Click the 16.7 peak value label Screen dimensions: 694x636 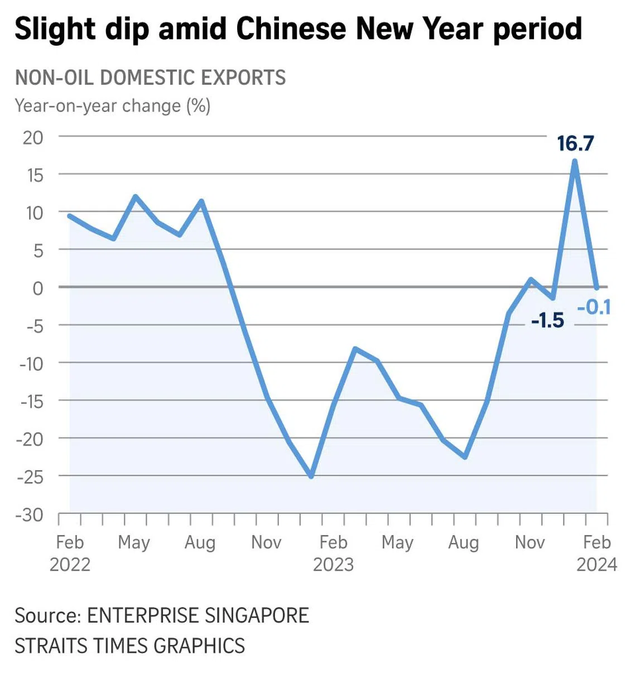pos(575,143)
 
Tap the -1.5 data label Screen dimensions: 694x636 pos(547,320)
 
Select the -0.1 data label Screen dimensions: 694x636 pos(594,307)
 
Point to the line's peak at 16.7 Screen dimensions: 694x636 pos(575,161)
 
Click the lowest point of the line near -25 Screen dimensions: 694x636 pos(311,476)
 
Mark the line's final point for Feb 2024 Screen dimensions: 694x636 pos(597,287)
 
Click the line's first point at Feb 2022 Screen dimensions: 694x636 pos(70,215)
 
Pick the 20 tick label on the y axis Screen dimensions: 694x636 pos(33,137)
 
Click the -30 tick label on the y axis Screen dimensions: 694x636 pos(30,514)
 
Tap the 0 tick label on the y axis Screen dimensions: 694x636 pos(38,288)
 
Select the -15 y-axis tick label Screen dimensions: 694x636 pos(31,401)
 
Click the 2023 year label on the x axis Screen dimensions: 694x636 pos(333,565)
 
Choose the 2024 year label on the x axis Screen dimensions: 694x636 pos(596,565)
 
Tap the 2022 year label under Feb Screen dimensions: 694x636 pos(70,565)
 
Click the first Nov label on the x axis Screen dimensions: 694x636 pos(266,542)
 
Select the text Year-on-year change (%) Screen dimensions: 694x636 pos(113,105)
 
